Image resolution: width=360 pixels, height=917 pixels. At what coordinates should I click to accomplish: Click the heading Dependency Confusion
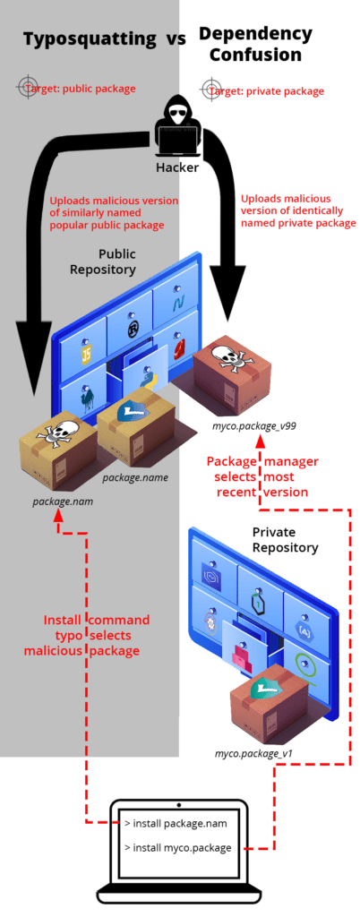click(x=255, y=44)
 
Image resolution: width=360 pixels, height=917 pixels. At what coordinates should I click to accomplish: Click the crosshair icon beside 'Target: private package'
click(x=211, y=87)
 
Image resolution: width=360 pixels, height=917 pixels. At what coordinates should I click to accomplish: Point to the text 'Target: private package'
click(x=274, y=91)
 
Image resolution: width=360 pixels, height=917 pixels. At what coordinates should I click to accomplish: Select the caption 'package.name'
click(x=134, y=478)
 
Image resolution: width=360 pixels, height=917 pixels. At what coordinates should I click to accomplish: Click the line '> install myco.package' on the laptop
click(x=182, y=846)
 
